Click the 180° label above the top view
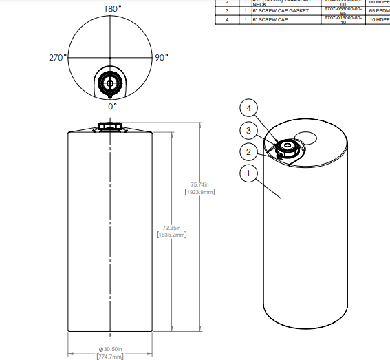[x=112, y=8]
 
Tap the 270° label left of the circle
[x=57, y=58]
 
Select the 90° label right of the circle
[x=161, y=58]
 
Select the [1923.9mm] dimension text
[x=200, y=192]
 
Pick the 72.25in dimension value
[x=171, y=227]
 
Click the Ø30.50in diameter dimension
[x=111, y=350]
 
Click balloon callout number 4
[x=250, y=108]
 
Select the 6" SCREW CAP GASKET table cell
[x=280, y=11]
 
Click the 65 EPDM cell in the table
[x=379, y=11]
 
